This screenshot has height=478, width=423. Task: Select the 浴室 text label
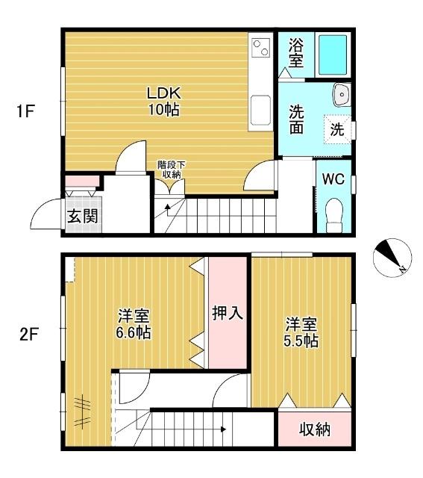click(296, 53)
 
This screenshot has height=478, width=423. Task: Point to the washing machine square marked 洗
click(337, 128)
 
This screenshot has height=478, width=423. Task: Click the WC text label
click(333, 179)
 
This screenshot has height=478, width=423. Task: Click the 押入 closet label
click(228, 313)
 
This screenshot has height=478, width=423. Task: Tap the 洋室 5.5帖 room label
click(302, 332)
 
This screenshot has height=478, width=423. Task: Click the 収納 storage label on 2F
click(316, 430)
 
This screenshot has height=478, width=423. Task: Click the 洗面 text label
click(296, 119)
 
